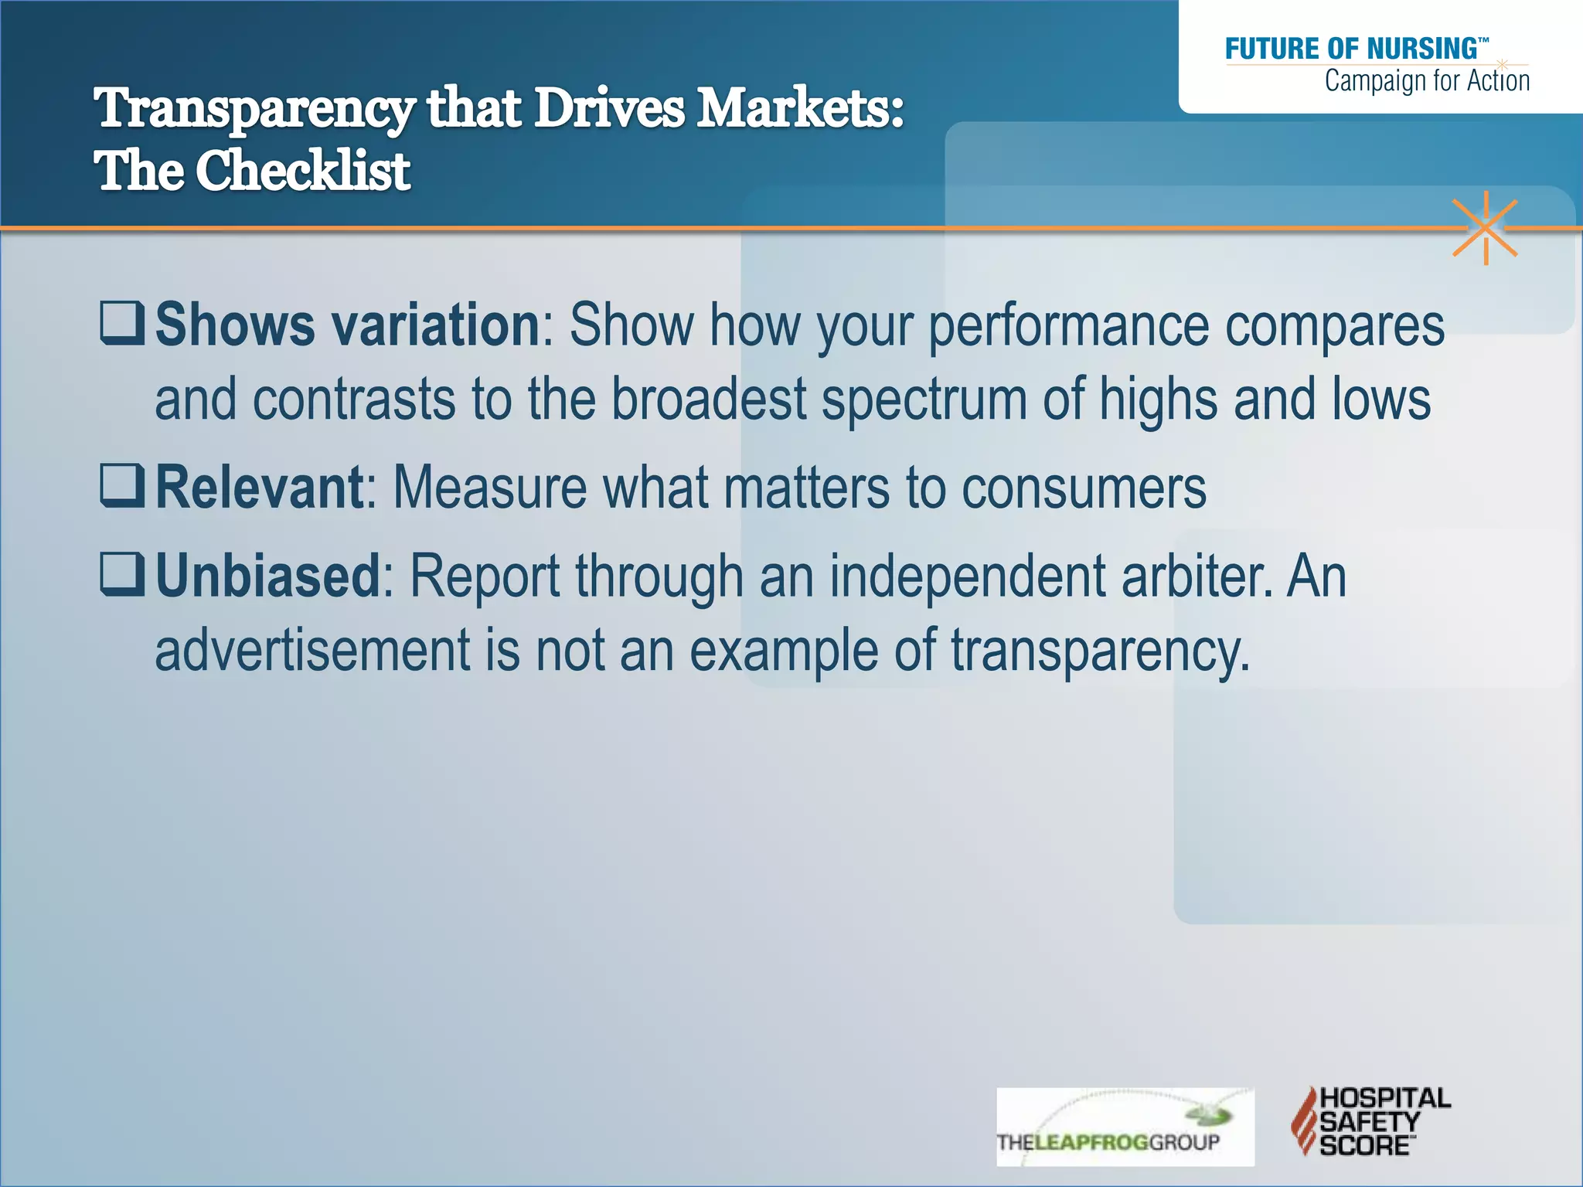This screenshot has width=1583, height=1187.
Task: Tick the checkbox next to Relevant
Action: [122, 487]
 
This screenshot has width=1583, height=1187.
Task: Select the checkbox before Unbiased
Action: [122, 575]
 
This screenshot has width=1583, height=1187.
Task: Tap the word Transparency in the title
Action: [254, 109]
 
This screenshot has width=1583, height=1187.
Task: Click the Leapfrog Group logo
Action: [1124, 1127]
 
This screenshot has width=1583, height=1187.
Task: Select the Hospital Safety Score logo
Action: [1370, 1121]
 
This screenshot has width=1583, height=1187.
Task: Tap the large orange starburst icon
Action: [1485, 228]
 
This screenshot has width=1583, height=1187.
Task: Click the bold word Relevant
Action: [260, 488]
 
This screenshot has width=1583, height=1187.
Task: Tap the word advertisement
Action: [312, 650]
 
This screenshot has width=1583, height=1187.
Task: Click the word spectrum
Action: [924, 400]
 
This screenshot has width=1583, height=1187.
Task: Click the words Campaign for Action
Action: [1427, 81]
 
